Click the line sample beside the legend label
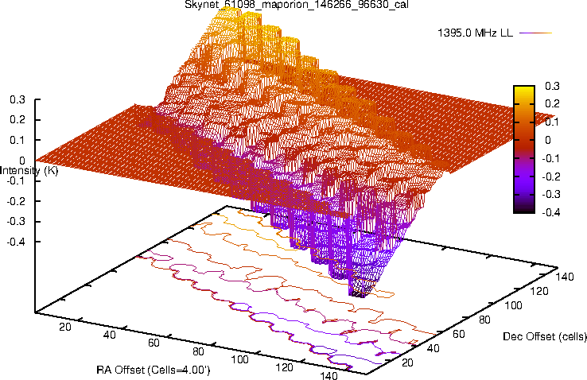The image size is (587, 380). (x=538, y=33)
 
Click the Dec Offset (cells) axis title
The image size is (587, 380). (x=545, y=337)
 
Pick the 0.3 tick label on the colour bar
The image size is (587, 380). (x=551, y=86)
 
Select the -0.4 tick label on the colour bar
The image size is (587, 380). (x=553, y=212)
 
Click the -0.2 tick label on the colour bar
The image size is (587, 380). (x=553, y=176)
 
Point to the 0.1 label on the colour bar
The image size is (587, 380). (x=551, y=122)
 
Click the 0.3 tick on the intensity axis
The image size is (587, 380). (x=17, y=100)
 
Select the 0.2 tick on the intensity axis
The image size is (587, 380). (x=17, y=120)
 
